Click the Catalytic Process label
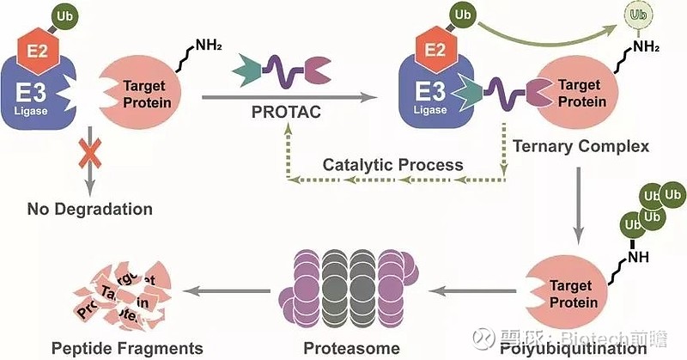[392, 164]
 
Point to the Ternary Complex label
[581, 145]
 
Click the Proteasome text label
[351, 348]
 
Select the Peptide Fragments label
[126, 348]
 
